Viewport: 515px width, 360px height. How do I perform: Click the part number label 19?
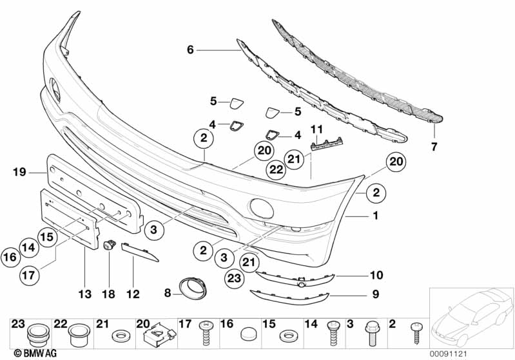click(18, 171)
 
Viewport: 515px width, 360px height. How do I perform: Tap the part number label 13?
click(86, 294)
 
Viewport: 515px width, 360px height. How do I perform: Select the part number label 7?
click(434, 147)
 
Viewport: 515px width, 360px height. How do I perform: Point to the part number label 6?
click(190, 49)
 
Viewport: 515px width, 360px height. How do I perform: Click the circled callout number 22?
click(276, 169)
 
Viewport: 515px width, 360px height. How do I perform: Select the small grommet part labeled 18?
click(110, 245)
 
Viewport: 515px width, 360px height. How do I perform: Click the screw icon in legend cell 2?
click(416, 335)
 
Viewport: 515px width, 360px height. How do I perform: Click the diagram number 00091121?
click(451, 354)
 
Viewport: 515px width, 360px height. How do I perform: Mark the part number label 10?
click(376, 276)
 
